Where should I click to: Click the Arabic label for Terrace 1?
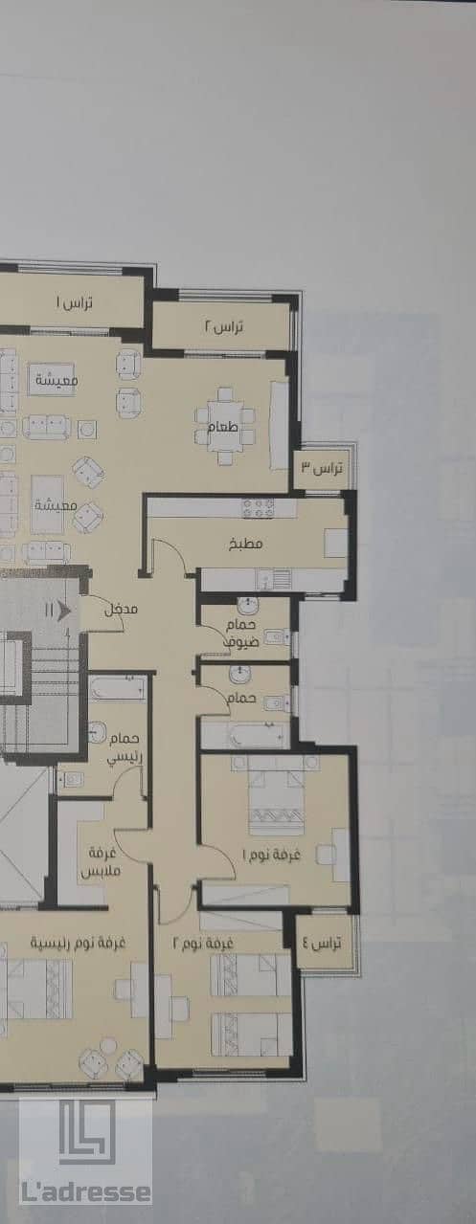74,302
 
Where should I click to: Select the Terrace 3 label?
322,468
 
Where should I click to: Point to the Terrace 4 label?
321,943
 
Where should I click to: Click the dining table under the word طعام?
224,426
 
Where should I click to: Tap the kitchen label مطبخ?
245,544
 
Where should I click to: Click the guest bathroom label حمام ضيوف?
241,634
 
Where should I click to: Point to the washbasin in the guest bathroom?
247,605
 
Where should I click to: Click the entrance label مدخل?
121,609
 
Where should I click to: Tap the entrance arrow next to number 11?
63,610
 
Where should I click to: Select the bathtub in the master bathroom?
119,690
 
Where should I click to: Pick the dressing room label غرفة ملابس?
101,861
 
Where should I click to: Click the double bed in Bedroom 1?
276,795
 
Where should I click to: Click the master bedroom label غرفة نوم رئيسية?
78,942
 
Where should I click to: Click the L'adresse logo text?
85,1192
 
